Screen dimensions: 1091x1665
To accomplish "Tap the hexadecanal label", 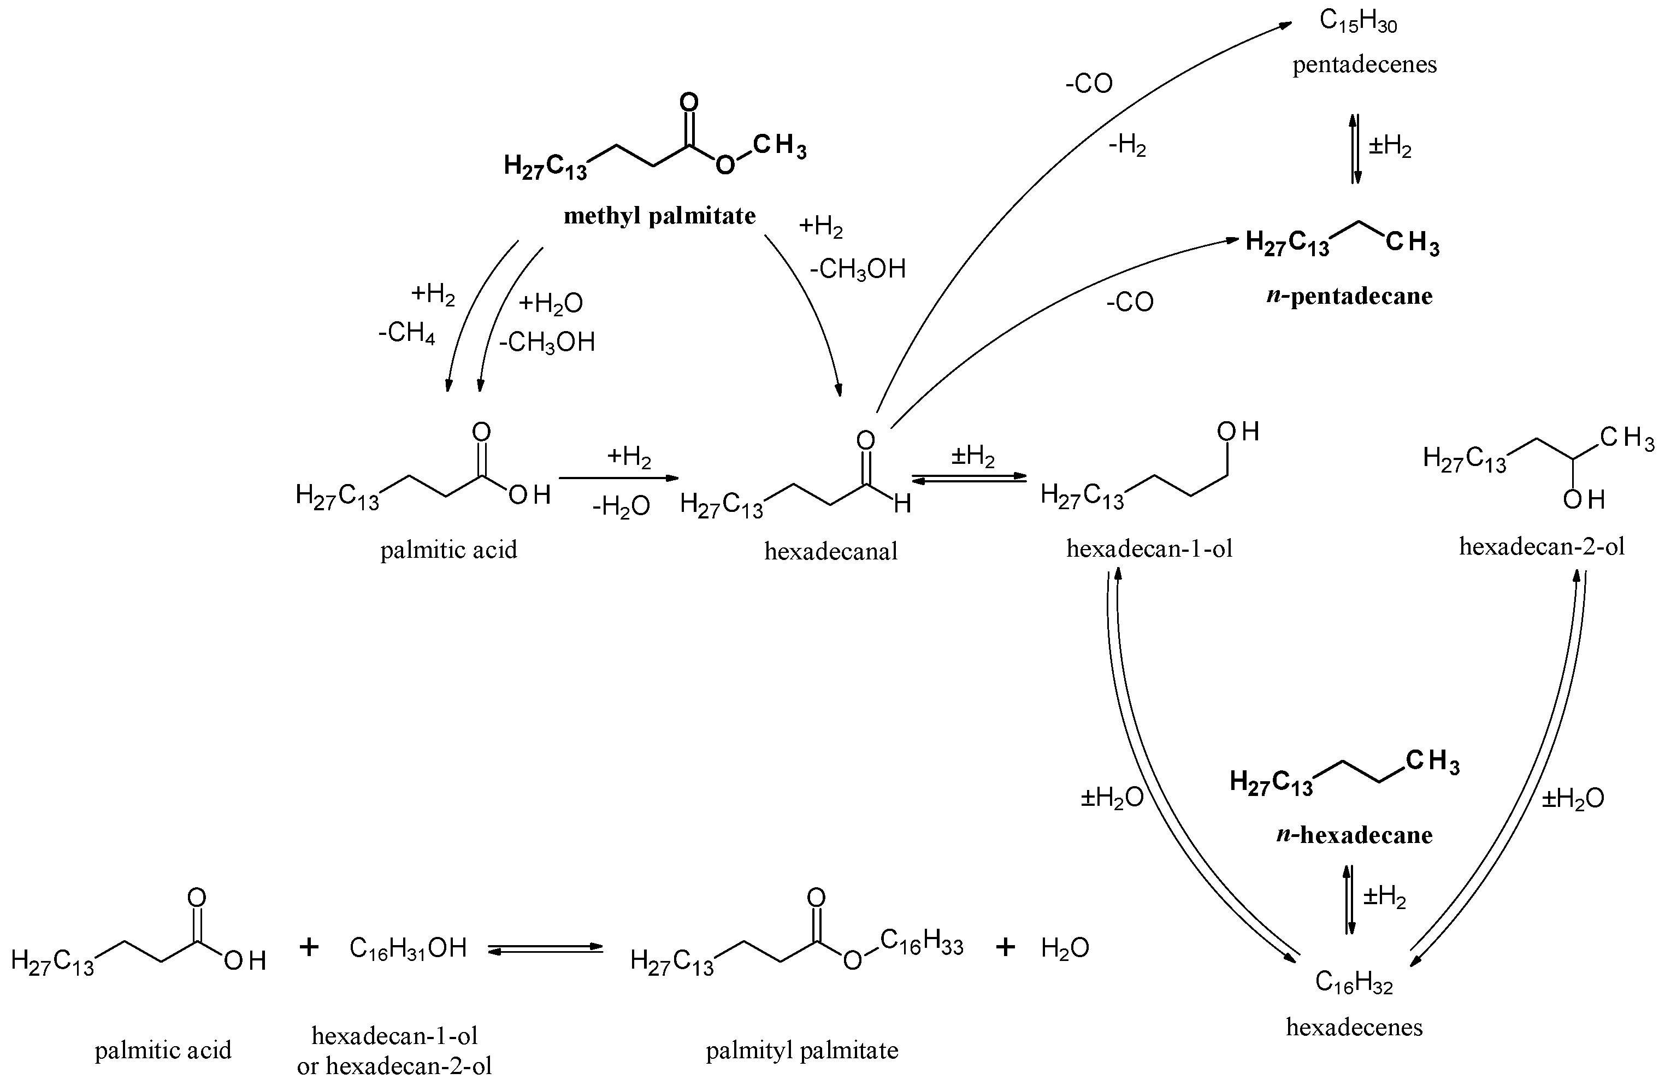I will point(830,551).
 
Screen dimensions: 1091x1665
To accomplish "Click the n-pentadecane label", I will point(1349,296).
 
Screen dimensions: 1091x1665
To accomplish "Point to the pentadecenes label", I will point(1364,64).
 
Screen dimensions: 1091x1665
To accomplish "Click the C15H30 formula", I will point(1358,22).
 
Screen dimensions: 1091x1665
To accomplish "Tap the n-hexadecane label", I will point(1354,835).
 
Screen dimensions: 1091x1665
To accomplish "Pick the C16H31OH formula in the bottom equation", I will point(408,949).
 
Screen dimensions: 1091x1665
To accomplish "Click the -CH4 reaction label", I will point(406,333).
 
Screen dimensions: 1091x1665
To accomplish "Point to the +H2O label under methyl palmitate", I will point(551,304).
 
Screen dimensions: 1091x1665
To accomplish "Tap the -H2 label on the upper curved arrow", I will point(1127,146).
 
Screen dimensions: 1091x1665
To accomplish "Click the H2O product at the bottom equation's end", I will point(1065,948).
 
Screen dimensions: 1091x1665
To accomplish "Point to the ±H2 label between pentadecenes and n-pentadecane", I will point(1389,148).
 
